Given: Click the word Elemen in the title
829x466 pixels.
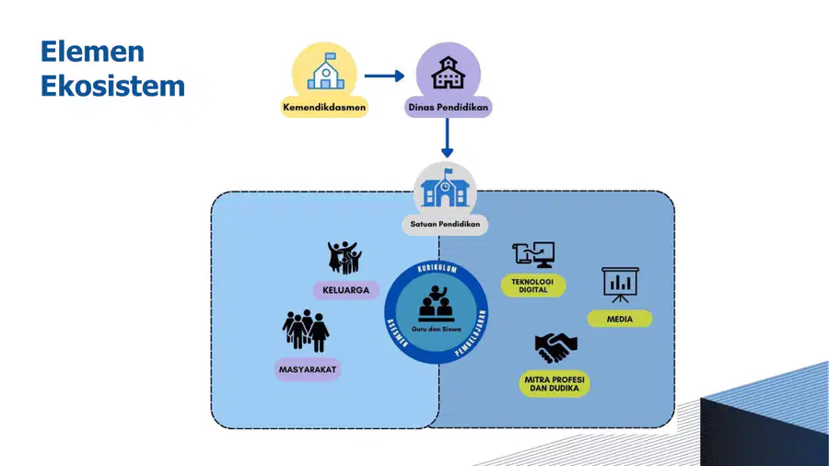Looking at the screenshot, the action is pyautogui.click(x=92, y=52).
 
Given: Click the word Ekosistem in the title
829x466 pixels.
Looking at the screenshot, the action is pyautogui.click(x=112, y=86).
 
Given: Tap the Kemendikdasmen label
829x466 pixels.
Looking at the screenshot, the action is pyautogui.click(x=324, y=107).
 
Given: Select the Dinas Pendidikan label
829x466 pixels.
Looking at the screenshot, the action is pyautogui.click(x=448, y=107).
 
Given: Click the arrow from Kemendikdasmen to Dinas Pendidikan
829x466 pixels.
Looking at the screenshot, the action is pyautogui.click(x=384, y=76).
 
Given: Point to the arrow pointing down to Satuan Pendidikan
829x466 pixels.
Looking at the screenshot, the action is pyautogui.click(x=448, y=137).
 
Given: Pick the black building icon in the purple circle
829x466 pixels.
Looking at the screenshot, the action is pyautogui.click(x=448, y=73).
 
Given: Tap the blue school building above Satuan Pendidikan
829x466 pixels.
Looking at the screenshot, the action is pyautogui.click(x=445, y=188).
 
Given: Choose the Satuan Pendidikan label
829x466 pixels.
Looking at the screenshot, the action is pyautogui.click(x=445, y=224).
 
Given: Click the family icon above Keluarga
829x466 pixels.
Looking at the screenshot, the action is pyautogui.click(x=344, y=258).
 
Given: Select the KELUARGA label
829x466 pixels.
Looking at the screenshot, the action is pyautogui.click(x=345, y=290).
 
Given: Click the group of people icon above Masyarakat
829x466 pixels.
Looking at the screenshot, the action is pyautogui.click(x=306, y=331).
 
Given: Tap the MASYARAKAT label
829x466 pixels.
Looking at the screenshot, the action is pyautogui.click(x=308, y=370).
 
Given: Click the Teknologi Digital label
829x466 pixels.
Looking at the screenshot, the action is pyautogui.click(x=533, y=285).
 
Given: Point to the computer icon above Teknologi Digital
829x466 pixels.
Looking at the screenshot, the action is pyautogui.click(x=533, y=255).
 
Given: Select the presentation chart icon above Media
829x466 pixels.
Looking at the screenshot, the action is pyautogui.click(x=620, y=285).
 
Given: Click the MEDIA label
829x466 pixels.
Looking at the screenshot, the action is pyautogui.click(x=620, y=320).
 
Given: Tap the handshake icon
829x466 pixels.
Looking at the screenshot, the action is pyautogui.click(x=555, y=347).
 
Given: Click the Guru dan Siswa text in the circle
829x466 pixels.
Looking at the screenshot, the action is pyautogui.click(x=437, y=329).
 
